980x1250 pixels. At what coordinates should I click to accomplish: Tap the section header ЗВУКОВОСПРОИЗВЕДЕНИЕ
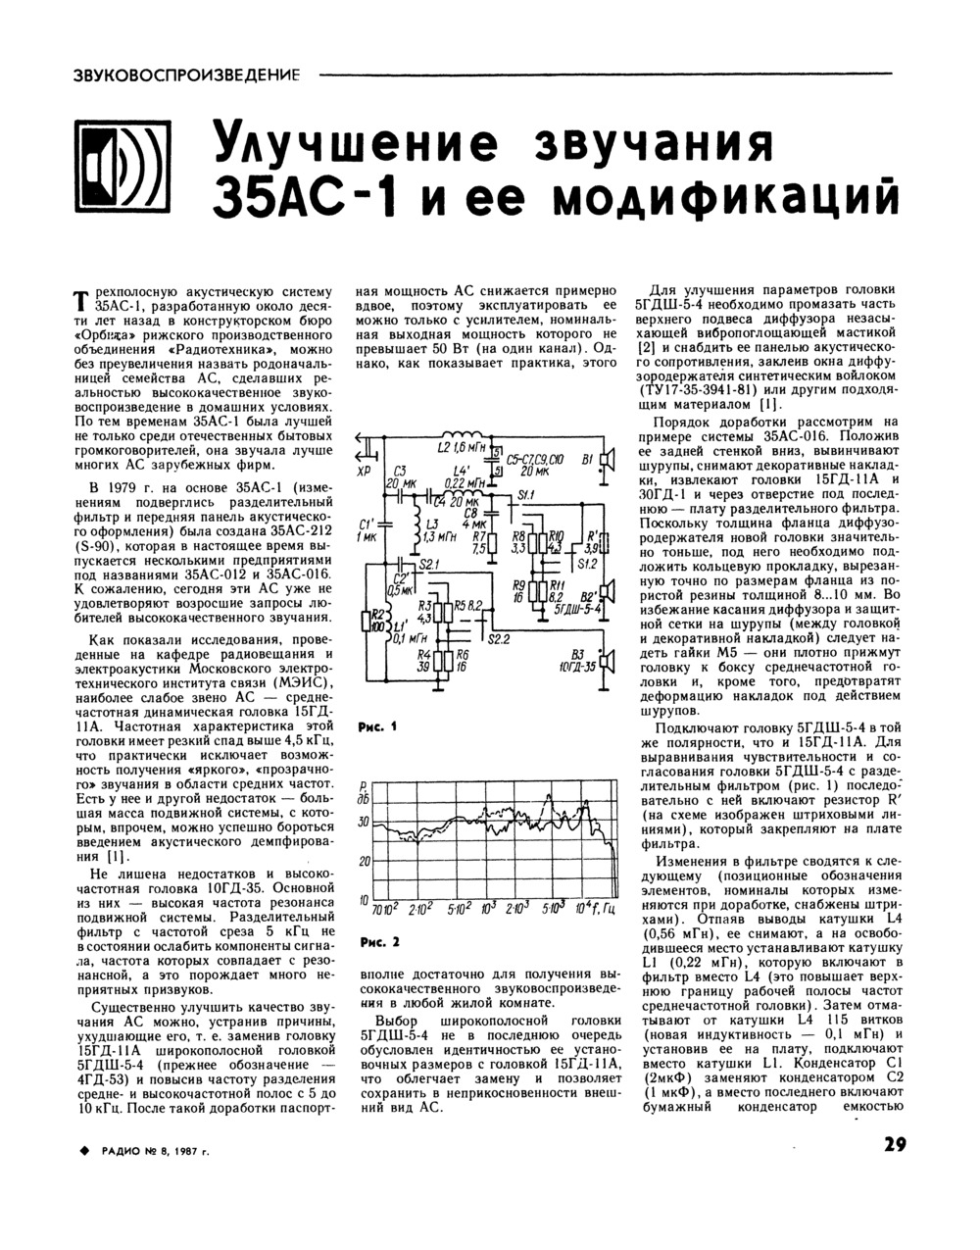point(187,75)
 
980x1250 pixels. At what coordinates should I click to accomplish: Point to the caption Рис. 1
point(376,727)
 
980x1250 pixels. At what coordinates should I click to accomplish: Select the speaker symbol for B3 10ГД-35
point(609,663)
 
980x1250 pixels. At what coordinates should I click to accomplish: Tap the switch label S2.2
point(501,639)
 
